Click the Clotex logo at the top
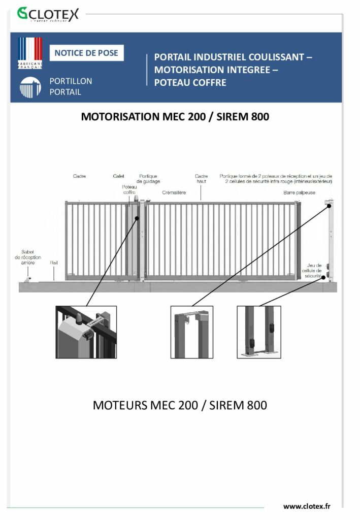coord(48,14)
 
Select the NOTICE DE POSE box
coord(86,53)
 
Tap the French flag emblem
coord(30,52)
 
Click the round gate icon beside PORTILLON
coord(30,87)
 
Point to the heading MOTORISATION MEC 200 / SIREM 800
coord(175,116)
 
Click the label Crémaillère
coord(174,193)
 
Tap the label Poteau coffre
coord(129,190)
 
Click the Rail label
coord(54,263)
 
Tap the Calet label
coord(118,176)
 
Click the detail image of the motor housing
coord(86,332)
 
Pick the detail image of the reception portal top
coord(191,332)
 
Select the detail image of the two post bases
coord(259,332)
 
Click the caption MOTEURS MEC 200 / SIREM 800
coord(180,405)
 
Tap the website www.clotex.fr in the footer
coord(307,506)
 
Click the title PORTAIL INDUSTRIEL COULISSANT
coord(233,57)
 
